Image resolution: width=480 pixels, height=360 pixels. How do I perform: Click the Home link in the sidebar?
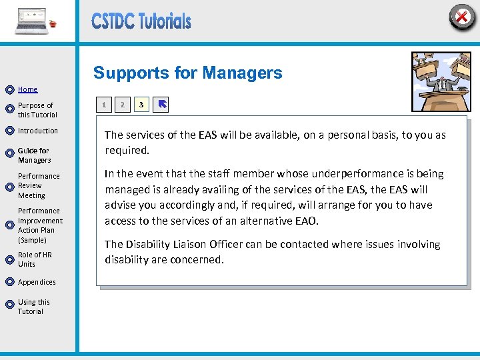coord(27,89)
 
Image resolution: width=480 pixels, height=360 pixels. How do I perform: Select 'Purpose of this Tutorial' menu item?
coord(37,110)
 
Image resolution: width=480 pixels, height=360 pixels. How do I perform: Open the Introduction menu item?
coord(38,131)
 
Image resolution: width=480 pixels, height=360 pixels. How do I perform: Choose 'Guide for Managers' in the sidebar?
coord(34,155)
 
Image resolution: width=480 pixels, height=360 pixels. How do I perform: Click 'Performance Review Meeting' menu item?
coord(39,186)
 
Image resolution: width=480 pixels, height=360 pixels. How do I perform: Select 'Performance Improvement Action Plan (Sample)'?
coord(40,225)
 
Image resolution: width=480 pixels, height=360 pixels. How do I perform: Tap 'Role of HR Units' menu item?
coord(35,259)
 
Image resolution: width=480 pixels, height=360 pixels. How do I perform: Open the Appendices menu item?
coord(37,282)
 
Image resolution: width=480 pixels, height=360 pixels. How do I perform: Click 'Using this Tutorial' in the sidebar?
coord(33,307)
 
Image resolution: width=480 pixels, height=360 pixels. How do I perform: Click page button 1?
coord(103,105)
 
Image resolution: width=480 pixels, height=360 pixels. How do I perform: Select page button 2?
coord(122,105)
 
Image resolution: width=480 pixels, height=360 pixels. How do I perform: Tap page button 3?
coord(141,105)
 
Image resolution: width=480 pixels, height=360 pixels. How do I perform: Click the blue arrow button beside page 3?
coord(161,105)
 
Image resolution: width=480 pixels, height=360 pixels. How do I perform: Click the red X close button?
coord(461,17)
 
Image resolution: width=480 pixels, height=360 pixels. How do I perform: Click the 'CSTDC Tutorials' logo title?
coord(141,21)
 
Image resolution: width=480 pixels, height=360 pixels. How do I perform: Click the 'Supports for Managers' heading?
coord(188,73)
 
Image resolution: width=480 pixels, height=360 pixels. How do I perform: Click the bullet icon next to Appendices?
coord(9,283)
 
